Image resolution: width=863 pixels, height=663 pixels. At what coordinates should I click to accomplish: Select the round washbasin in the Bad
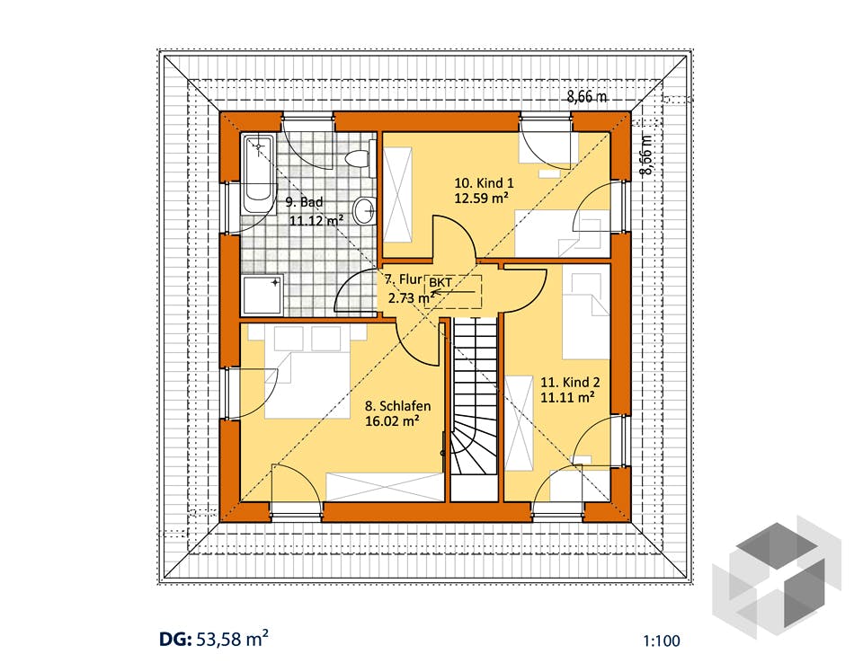[x=364, y=209]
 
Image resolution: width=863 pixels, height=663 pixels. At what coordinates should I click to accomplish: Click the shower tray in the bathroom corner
[x=262, y=295]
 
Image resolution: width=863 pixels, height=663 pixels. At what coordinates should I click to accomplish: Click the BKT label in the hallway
[x=440, y=282]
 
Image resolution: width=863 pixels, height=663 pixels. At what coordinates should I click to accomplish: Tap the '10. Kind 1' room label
[x=484, y=182]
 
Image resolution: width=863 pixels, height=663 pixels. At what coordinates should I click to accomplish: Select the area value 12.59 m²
[x=480, y=198]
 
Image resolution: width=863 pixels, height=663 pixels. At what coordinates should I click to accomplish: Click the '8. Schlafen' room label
[x=398, y=406]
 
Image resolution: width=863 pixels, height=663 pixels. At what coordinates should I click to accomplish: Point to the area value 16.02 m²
[x=393, y=421]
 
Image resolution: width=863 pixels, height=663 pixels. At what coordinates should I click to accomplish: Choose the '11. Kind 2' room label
[x=570, y=382]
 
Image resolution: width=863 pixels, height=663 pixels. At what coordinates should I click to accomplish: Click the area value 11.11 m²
[x=567, y=397]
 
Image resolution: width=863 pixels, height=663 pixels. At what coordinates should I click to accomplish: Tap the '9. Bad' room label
[x=304, y=202]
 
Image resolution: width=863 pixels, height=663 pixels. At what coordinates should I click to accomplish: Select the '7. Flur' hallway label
[x=403, y=280]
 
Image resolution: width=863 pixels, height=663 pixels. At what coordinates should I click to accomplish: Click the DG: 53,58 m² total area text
[x=214, y=640]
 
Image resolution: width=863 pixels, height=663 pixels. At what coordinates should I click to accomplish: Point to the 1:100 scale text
[x=661, y=641]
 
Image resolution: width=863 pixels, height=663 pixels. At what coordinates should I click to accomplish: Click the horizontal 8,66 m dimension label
[x=587, y=97]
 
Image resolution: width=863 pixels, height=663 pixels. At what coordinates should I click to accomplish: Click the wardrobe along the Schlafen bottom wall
[x=385, y=486]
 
